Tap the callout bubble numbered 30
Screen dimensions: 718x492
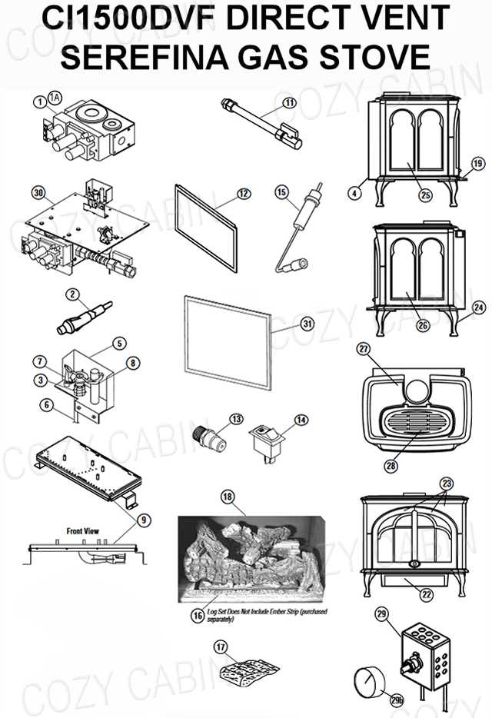[x=39, y=191]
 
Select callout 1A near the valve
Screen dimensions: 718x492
[x=55, y=96]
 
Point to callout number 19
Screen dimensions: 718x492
[x=477, y=163]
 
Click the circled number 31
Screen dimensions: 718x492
[x=286, y=324]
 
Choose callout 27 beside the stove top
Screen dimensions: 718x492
[x=364, y=348]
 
